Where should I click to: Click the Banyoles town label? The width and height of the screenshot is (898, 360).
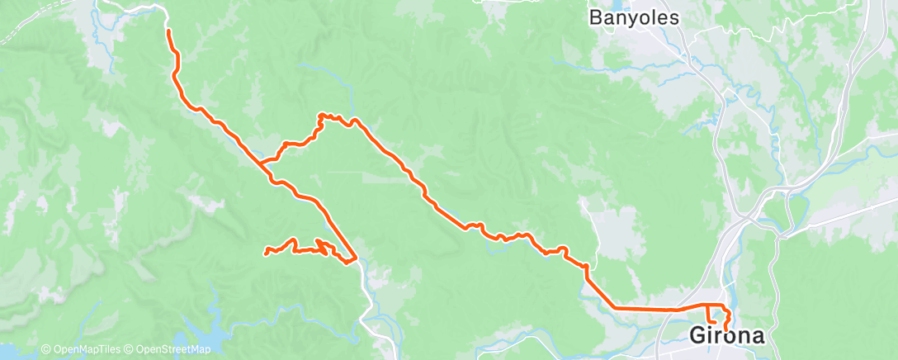point(633,17)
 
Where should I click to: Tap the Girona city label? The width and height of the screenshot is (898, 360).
point(726,336)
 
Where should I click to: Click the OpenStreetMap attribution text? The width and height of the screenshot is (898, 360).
point(173,349)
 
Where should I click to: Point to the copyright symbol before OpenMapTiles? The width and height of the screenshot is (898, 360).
point(45,349)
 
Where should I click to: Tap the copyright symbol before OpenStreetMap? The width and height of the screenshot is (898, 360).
point(130,349)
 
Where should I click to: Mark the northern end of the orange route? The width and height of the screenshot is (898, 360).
point(169,31)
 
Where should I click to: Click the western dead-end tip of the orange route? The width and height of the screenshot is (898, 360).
point(265,252)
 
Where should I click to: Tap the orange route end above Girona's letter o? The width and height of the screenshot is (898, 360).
point(726,328)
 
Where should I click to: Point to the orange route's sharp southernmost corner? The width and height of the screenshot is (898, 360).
point(354,261)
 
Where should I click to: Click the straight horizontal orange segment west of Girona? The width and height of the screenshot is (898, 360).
point(644,309)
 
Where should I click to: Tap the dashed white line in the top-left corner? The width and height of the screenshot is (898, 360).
point(17,29)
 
